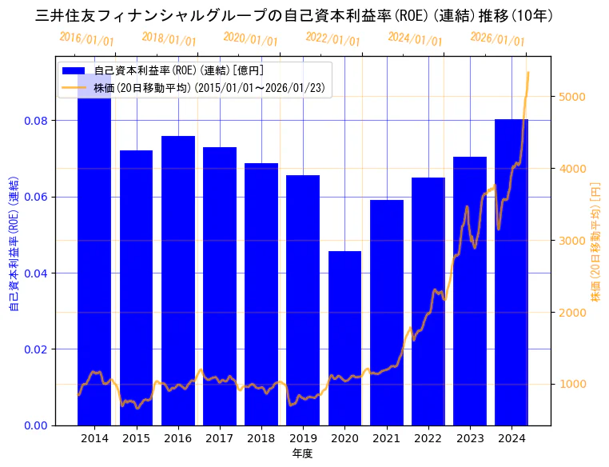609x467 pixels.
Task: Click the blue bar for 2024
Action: tap(511, 272)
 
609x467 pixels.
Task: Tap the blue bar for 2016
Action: tap(177, 280)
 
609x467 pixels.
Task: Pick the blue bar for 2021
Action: tap(387, 312)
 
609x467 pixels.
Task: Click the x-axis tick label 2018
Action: tap(261, 438)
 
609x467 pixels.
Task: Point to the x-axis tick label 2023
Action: tap(470, 438)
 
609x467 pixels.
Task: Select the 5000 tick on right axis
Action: tap(571, 97)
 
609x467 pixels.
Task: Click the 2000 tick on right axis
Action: tap(571, 313)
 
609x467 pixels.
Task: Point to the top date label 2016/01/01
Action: tap(86, 39)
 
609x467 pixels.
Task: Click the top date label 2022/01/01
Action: tap(332, 39)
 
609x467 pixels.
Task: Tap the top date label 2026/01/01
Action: tap(497, 39)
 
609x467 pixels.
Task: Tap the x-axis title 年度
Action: tap(303, 453)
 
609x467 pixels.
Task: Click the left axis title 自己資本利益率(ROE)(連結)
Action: tap(14, 244)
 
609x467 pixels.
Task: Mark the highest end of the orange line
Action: tap(527, 73)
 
